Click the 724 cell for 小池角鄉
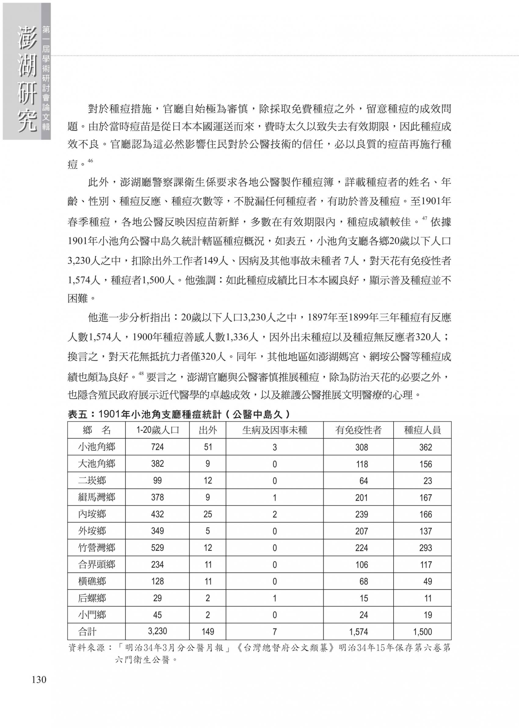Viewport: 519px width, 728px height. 157,447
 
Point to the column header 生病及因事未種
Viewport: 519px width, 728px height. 274,430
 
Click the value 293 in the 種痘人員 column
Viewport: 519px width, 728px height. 425,548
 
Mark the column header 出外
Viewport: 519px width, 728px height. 208,430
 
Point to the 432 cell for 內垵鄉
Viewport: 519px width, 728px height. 157,514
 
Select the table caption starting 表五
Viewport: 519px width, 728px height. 179,414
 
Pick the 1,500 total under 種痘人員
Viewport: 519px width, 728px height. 422,631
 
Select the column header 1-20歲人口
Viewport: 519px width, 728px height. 157,430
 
